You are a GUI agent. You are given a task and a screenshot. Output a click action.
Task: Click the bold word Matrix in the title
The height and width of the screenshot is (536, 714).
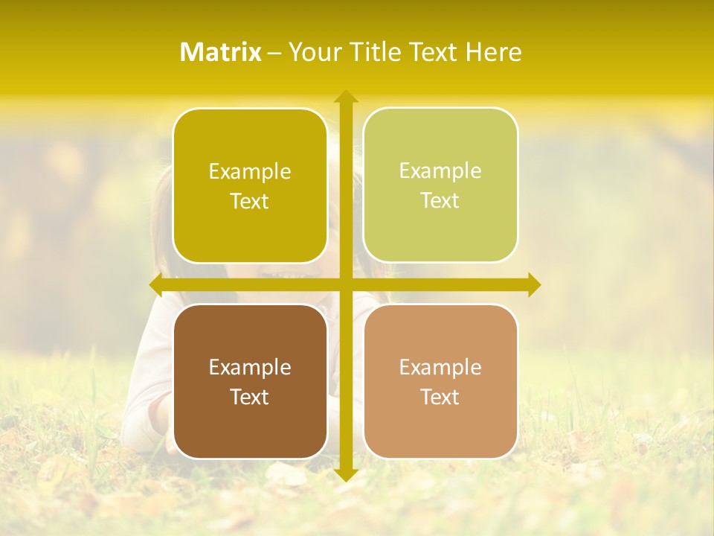pos(221,52)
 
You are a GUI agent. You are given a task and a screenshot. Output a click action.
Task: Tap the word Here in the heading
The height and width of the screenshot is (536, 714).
pos(494,52)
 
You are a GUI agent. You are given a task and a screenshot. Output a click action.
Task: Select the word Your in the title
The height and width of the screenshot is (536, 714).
pos(314,52)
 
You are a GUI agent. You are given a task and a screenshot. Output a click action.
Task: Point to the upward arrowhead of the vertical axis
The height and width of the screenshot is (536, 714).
pos(345,96)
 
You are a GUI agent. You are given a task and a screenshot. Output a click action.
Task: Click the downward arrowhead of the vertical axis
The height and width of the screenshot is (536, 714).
pos(345,474)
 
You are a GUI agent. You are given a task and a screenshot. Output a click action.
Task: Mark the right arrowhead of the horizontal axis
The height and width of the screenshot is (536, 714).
pos(533,284)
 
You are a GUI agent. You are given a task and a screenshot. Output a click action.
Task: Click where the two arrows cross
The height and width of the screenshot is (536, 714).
pos(345,284)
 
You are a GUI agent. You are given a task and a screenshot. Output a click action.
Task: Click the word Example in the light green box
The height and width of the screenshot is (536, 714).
pos(440,170)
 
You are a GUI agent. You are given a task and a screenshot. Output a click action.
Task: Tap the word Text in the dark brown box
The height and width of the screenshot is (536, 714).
pos(250,397)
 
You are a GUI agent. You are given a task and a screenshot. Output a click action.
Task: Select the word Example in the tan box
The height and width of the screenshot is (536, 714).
pos(440,367)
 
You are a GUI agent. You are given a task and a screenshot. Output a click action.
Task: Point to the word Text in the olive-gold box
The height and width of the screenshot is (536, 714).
pos(250,201)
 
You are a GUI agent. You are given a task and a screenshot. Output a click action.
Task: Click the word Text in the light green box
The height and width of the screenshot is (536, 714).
pos(440,200)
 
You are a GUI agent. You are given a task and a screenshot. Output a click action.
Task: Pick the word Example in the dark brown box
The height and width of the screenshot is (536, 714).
pos(250,367)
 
